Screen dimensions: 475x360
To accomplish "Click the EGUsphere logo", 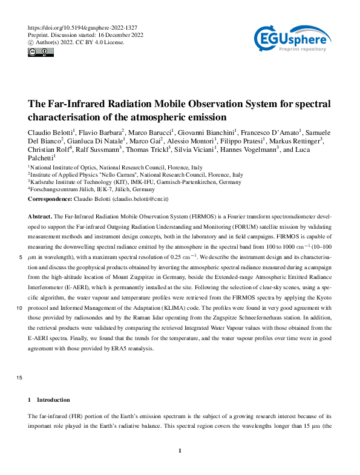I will (x=292, y=41).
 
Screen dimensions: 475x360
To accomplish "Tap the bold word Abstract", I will (x=41, y=216).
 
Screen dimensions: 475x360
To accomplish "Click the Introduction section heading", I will (x=53, y=400).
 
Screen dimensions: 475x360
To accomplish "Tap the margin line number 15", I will (x=21, y=379).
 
